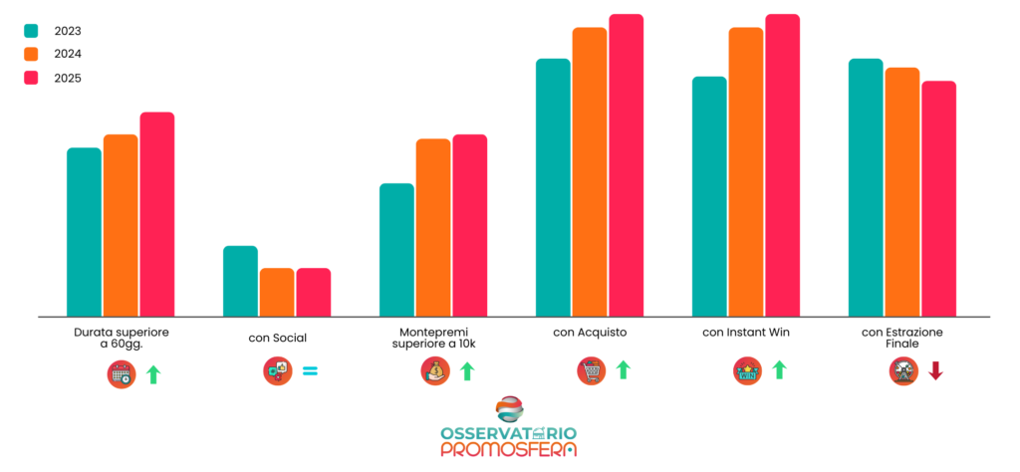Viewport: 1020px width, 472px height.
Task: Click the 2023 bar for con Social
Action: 240,281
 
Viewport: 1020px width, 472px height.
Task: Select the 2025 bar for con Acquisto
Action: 627,165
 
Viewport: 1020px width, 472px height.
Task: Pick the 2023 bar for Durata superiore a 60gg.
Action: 84,232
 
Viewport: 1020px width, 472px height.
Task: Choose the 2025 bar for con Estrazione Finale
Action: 938,198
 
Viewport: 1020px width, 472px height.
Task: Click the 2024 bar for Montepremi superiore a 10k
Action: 433,227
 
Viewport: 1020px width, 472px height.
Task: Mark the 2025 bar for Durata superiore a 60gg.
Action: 157,214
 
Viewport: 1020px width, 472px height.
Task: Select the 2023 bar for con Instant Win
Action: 709,196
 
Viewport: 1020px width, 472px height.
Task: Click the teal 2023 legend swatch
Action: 31,31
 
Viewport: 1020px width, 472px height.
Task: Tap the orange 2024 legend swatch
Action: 31,55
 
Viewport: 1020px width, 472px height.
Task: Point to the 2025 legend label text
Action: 69,79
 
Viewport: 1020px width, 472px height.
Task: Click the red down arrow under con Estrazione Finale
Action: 935,371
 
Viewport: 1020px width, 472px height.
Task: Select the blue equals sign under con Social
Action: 310,371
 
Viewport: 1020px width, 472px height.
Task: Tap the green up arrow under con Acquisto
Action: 624,371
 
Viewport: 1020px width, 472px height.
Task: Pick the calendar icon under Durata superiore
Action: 122,374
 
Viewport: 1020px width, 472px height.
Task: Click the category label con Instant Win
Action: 746,333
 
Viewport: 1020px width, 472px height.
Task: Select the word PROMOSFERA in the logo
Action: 509,450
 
